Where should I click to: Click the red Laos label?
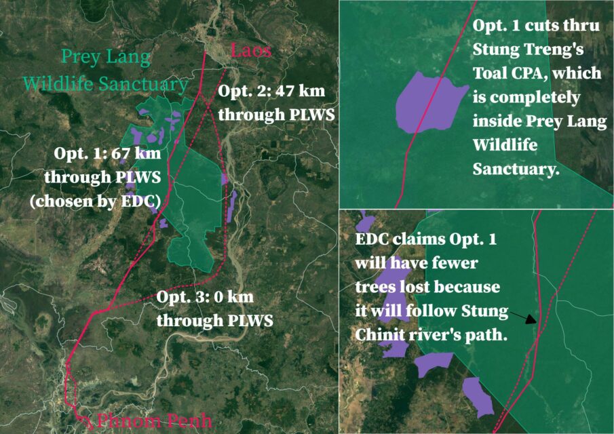[x=251, y=50]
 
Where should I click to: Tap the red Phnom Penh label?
[x=154, y=421]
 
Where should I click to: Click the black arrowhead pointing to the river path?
[x=531, y=319]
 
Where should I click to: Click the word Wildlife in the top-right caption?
[x=505, y=145]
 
